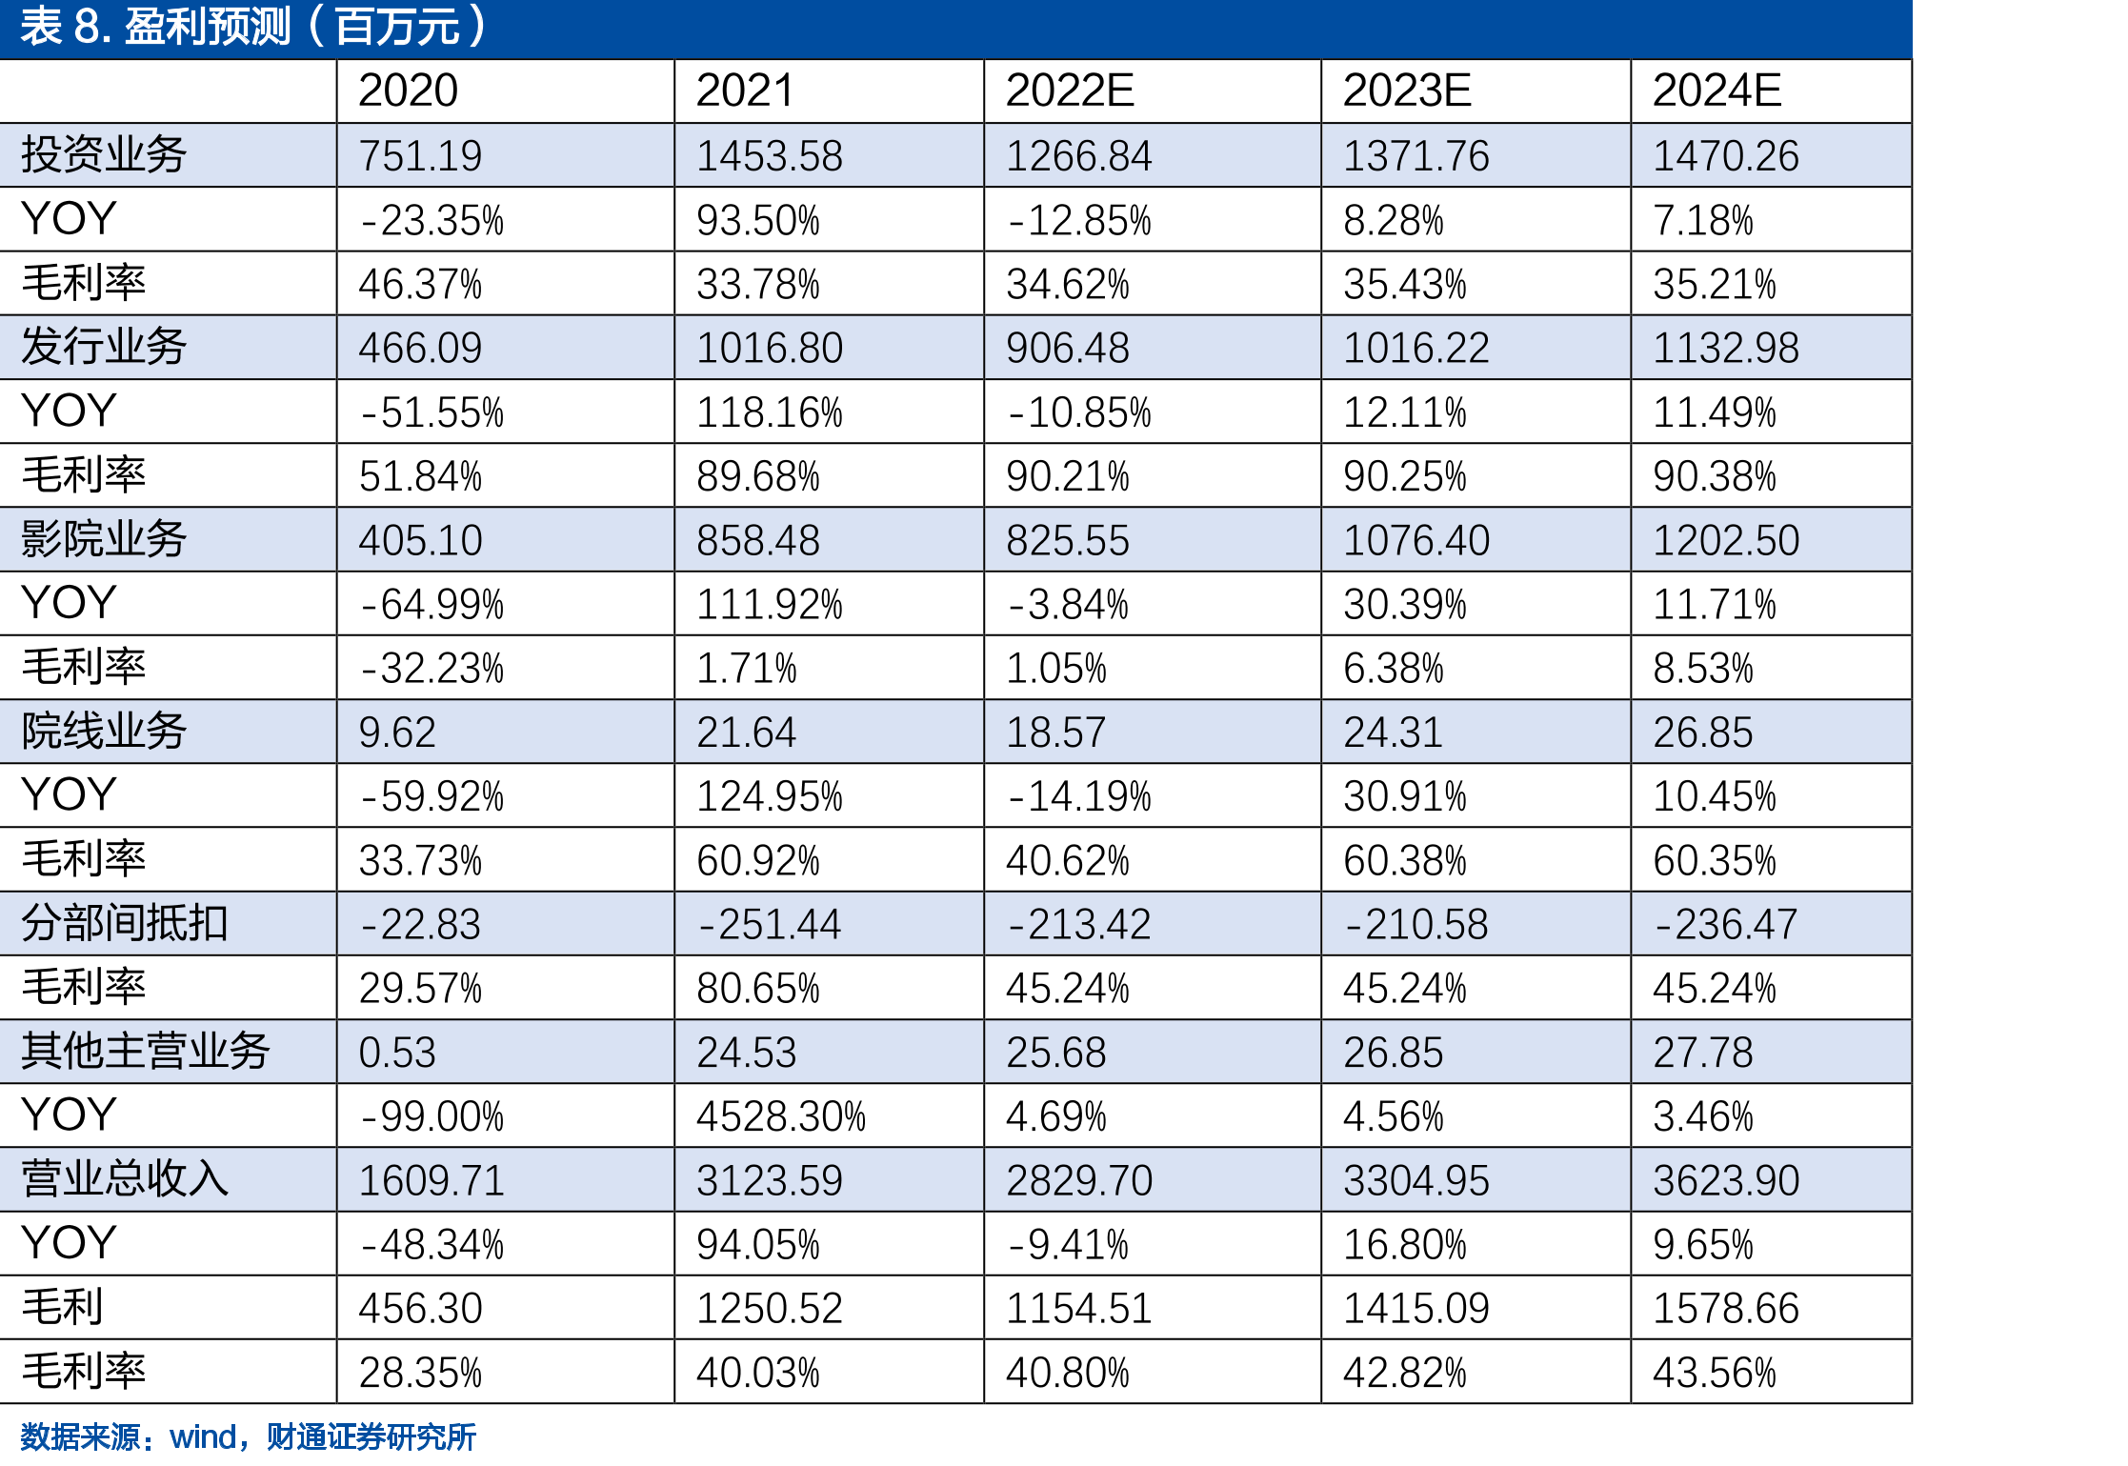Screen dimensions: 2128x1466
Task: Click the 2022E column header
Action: coord(1070,90)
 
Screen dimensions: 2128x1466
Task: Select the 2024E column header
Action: coord(1716,90)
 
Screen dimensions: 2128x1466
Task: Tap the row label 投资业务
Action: coord(104,154)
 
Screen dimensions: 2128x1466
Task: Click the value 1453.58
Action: coord(770,156)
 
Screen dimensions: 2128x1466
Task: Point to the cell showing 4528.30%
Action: coord(781,1116)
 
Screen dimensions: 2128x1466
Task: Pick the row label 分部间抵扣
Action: coord(125,923)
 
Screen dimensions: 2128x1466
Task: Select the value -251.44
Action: coord(770,924)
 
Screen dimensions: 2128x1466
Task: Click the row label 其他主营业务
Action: coord(146,1051)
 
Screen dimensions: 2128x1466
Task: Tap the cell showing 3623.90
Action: coord(1726,1181)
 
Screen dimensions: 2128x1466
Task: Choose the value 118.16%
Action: coord(770,413)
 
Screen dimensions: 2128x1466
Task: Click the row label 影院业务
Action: coord(104,538)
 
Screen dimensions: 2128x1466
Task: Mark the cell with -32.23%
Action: coord(432,669)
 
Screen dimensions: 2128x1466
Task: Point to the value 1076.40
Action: coord(1416,541)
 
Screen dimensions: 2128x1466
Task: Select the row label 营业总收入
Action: coord(125,1178)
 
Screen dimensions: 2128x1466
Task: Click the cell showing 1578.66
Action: coord(1726,1309)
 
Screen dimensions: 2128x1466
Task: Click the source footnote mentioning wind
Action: coord(248,1436)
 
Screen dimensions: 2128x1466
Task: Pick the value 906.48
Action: coord(1068,349)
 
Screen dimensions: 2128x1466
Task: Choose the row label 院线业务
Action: coord(104,731)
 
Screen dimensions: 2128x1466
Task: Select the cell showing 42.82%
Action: coord(1405,1374)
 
